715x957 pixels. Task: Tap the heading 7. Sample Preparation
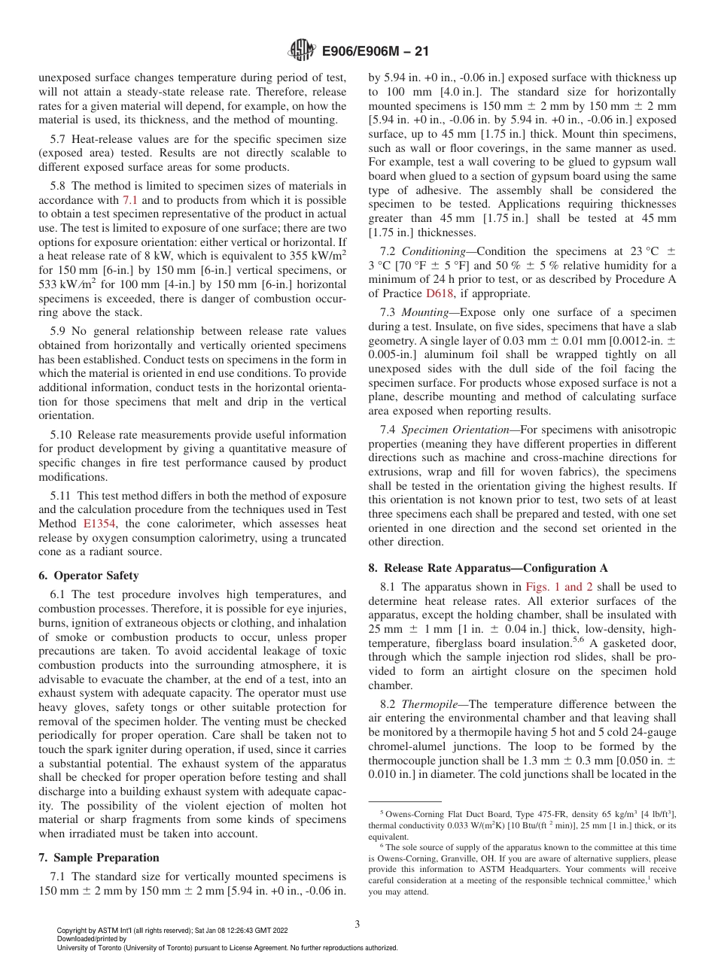click(x=99, y=858)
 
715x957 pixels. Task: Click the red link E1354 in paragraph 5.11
click(x=98, y=524)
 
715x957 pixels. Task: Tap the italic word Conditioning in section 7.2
click(x=434, y=251)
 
